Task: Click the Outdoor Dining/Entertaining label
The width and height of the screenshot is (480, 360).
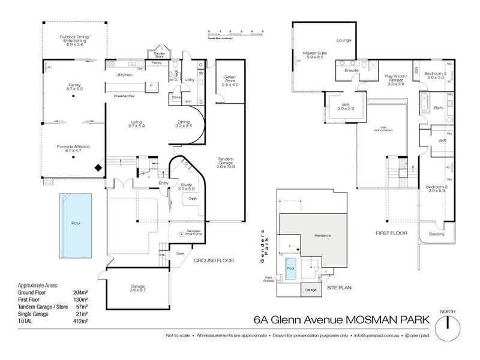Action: pyautogui.click(x=75, y=40)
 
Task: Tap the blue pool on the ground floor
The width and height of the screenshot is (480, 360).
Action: pyautogui.click(x=76, y=223)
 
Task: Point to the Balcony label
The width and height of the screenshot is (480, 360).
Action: pyautogui.click(x=436, y=234)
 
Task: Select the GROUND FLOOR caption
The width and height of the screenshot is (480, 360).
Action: pyautogui.click(x=214, y=261)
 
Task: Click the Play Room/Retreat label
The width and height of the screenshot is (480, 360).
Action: pyautogui.click(x=395, y=80)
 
